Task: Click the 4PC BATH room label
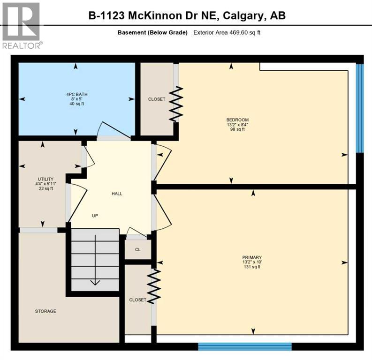(x=77, y=94)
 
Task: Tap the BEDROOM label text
(x=237, y=120)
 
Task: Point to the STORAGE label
(x=46, y=311)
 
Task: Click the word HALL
(x=117, y=194)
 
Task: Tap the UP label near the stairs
(x=95, y=216)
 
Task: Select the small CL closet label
(x=138, y=249)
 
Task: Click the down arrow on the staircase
(x=95, y=281)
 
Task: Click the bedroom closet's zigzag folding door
(x=176, y=105)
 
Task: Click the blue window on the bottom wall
(x=244, y=347)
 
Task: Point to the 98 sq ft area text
(x=237, y=129)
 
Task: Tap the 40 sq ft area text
(x=77, y=104)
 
